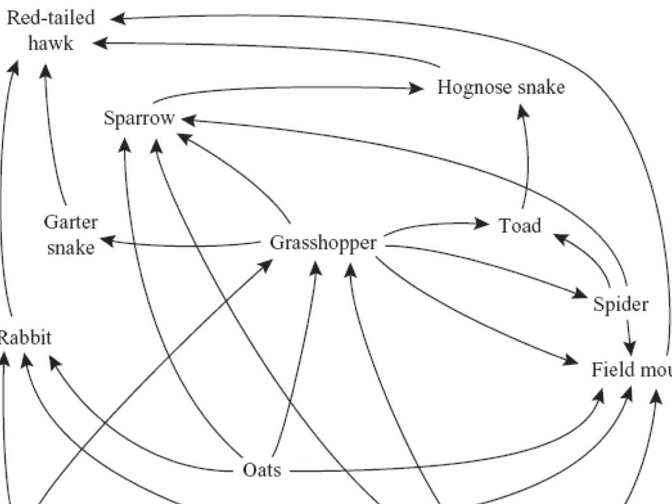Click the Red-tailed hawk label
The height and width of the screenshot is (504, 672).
(51, 30)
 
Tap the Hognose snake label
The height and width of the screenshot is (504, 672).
(501, 87)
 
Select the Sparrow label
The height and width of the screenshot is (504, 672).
(140, 119)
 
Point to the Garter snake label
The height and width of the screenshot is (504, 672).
(71, 234)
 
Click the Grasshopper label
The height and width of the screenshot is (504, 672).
(324, 243)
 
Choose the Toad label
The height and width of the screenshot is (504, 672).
(520, 226)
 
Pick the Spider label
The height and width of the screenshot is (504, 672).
(620, 304)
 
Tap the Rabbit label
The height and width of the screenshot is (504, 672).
(25, 338)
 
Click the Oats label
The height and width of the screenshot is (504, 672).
(262, 470)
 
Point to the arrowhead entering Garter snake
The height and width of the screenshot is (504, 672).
(106, 241)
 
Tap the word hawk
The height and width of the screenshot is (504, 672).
(51, 43)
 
